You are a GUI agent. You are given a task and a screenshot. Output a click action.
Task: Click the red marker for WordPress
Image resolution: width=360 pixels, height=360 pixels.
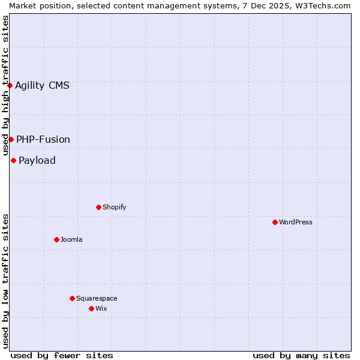tap(275, 222)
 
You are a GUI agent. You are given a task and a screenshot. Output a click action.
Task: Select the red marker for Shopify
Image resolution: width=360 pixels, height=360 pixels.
tap(98, 207)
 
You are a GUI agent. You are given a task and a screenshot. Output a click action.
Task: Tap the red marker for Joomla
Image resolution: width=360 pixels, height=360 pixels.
tap(56, 239)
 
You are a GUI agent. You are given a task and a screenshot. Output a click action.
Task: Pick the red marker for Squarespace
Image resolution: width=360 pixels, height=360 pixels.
tap(72, 298)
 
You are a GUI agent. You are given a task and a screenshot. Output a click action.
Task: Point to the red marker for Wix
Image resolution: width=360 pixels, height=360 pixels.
tap(91, 308)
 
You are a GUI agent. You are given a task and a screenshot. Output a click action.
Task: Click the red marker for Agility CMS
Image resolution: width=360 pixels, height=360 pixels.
tap(10, 85)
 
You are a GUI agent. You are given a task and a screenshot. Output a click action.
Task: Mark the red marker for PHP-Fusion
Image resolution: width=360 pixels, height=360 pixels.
tap(11, 139)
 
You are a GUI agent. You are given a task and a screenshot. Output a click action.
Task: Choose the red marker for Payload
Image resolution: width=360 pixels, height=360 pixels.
tap(13, 160)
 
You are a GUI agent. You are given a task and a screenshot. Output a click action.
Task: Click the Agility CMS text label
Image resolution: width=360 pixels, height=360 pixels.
tap(42, 85)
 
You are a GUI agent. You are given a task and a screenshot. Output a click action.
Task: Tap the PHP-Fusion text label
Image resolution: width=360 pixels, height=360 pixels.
tap(43, 139)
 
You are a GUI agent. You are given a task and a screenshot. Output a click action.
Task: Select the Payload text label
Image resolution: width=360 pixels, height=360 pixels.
tap(37, 160)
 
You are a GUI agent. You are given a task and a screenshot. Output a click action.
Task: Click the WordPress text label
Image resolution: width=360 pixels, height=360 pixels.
tap(296, 222)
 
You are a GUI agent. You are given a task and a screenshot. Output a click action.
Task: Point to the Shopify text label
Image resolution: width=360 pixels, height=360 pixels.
tap(115, 207)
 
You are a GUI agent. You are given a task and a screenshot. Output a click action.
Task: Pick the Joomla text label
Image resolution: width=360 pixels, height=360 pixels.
tap(71, 239)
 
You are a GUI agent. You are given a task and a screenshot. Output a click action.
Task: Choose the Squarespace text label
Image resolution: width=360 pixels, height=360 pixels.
tap(97, 298)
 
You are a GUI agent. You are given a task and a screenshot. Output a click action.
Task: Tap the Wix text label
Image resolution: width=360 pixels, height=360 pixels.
tap(101, 308)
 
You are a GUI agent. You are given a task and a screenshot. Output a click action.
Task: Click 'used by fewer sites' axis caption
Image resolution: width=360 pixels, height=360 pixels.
tap(62, 355)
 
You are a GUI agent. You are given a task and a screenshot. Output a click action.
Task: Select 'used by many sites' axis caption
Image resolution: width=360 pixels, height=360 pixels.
tap(301, 355)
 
